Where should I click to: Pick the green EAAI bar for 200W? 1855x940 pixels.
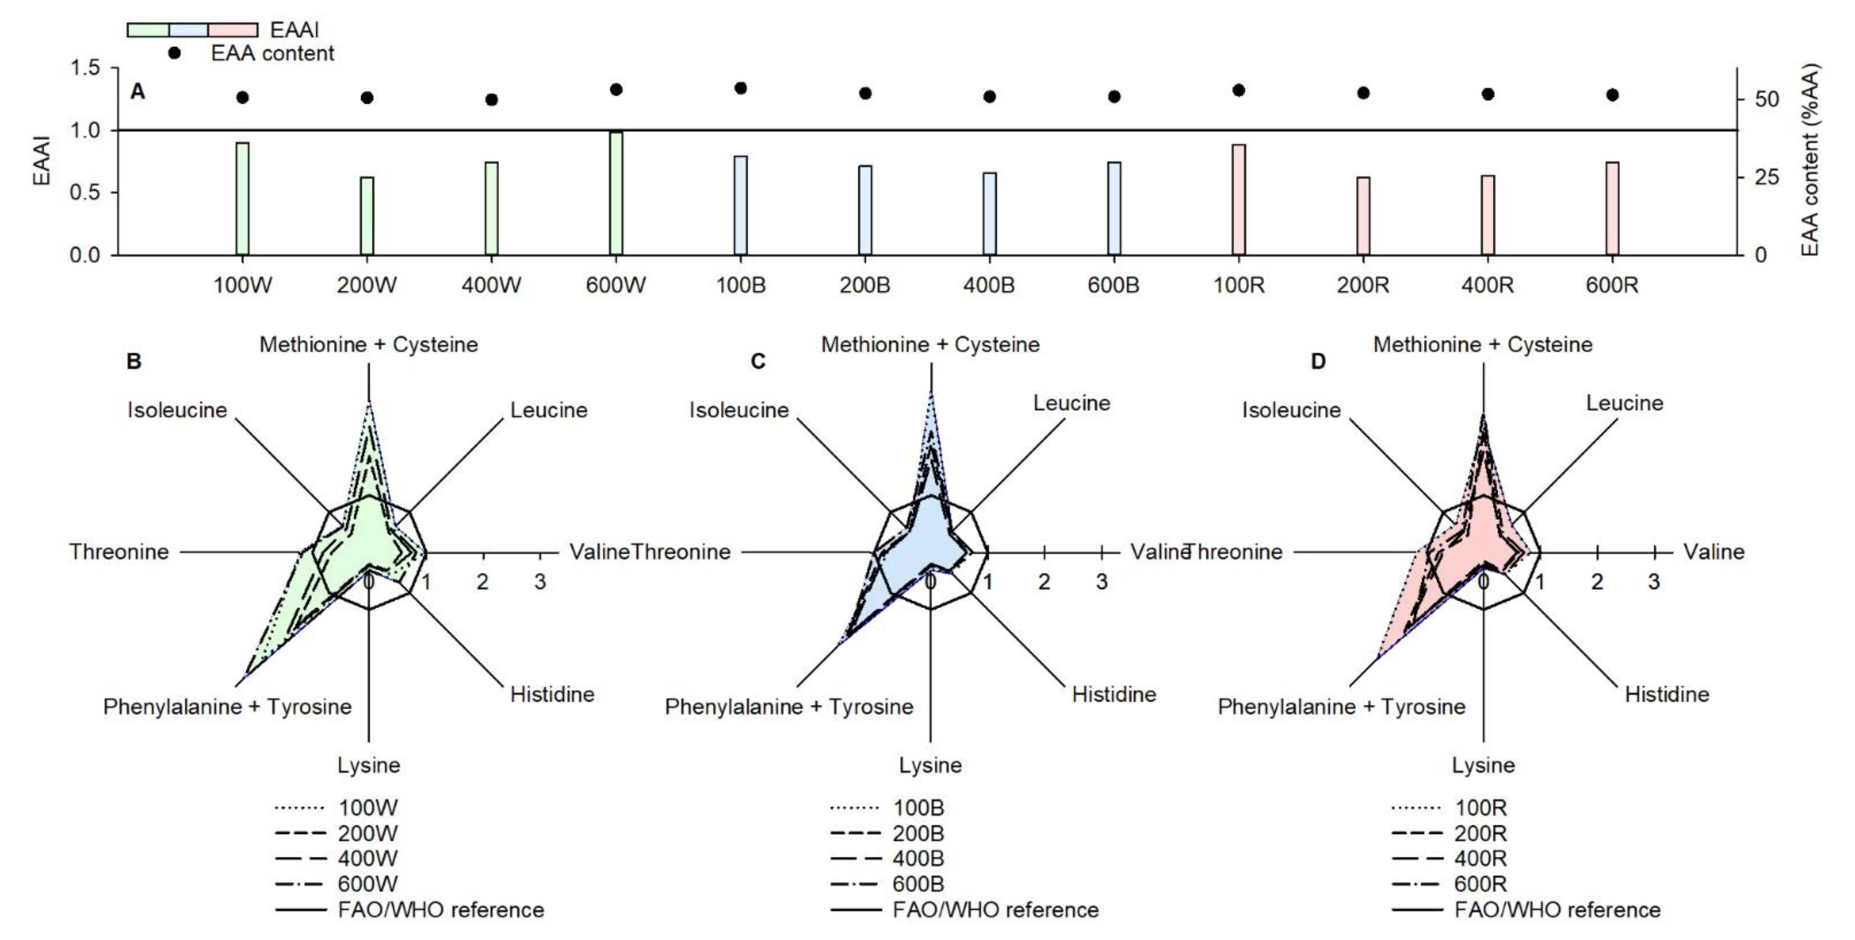click(367, 215)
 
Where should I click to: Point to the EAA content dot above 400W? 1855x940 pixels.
click(492, 99)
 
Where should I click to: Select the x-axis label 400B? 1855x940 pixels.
click(989, 286)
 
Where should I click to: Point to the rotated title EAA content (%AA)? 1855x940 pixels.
click(1810, 160)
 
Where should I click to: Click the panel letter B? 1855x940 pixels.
click(134, 361)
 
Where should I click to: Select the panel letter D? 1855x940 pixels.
click(1318, 361)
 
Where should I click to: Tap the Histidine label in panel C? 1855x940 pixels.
click(1114, 694)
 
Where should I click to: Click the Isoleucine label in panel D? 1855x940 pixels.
click(1291, 410)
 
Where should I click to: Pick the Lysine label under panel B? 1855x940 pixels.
click(369, 765)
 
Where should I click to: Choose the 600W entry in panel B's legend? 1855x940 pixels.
click(367, 884)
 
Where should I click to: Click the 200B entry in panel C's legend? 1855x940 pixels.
click(918, 834)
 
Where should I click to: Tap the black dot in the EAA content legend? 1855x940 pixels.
click(174, 53)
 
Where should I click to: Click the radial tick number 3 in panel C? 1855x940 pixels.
click(1101, 582)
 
